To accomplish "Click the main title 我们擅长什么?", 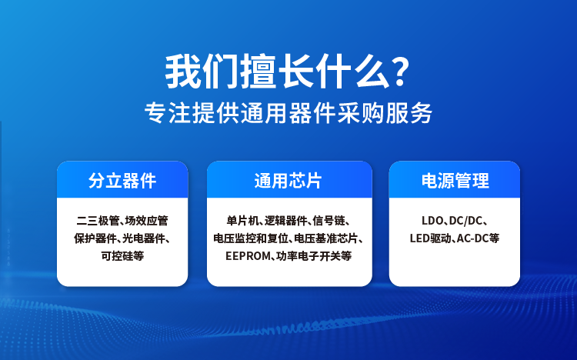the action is pos(288,72).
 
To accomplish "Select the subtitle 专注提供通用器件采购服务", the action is pos(288,112).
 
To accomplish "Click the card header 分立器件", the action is pos(122,181).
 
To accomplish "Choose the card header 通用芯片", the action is pos(288,181).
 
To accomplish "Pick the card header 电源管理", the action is pos(455,181).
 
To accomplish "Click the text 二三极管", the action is pos(98,221).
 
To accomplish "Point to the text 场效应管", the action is pos(146,221).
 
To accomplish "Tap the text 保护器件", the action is pos(95,238).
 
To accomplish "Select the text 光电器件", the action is pos(144,238).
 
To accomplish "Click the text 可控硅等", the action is pos(122,256).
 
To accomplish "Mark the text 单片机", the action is pos(243,221).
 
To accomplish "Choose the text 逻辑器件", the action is pos(286,221).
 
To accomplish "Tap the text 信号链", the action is pos(329,221).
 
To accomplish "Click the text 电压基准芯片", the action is pos(326,238).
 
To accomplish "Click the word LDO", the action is pos(432,221).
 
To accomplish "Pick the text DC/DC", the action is pos(465,221).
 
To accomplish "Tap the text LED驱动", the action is pos(431,238).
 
